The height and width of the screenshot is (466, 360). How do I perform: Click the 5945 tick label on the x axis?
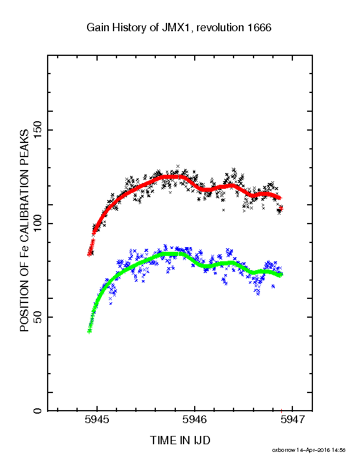point(97,420)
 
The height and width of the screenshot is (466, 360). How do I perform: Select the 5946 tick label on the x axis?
point(195,420)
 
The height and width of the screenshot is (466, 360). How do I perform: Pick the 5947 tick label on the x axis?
point(292,420)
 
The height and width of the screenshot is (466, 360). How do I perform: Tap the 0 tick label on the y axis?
point(38,411)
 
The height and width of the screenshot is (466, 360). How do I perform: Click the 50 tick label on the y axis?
point(38,317)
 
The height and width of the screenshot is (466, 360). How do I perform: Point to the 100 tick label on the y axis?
point(38,224)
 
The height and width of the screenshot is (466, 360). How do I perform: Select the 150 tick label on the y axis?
point(38,130)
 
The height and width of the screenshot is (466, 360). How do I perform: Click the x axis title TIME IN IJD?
point(180,440)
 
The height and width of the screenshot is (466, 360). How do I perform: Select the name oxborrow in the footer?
point(284,450)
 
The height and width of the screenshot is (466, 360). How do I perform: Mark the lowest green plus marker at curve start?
point(89,332)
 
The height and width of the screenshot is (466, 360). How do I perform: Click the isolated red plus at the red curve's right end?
point(281,209)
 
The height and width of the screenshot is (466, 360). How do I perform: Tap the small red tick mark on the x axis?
point(281,411)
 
